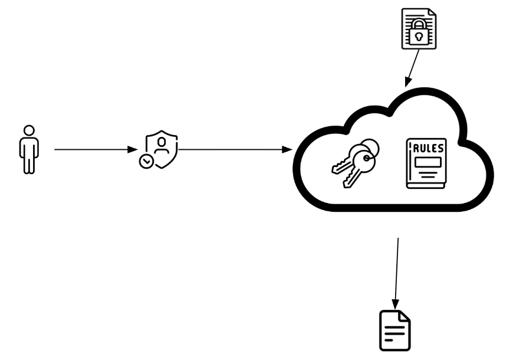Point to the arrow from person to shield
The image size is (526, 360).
94,150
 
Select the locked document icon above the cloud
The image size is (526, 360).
418,28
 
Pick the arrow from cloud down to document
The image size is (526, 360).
397,271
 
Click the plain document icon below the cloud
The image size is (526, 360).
394,330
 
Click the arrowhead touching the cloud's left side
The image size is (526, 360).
288,150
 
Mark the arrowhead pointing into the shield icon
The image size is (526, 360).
133,150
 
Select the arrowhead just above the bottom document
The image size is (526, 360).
395,302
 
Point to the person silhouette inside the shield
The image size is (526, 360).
163,145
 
